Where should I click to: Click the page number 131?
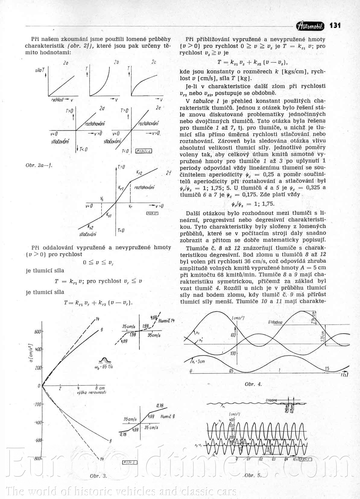335,25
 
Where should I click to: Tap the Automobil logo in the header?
311,26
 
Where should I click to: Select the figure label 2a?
66,63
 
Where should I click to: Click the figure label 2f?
169,173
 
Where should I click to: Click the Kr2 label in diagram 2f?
139,173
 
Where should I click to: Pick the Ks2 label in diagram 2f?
90,227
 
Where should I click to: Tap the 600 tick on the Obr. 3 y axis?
37,332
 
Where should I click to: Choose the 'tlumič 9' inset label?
167,416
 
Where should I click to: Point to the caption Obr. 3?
98,476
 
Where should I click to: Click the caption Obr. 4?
253,384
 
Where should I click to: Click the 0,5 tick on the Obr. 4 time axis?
231,371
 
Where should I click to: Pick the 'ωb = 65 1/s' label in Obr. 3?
104,367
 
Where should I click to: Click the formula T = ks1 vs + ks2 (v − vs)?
252,63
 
